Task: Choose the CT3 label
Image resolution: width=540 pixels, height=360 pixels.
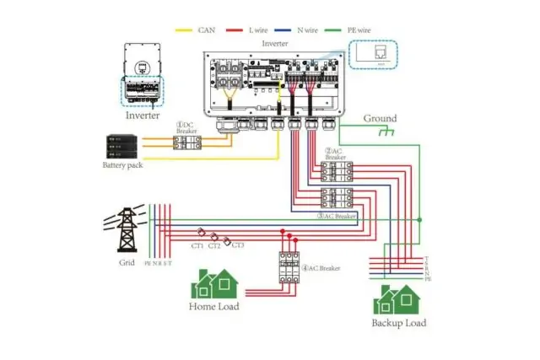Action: pyautogui.click(x=237, y=245)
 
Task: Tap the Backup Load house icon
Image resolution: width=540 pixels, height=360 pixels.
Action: pyautogui.click(x=398, y=299)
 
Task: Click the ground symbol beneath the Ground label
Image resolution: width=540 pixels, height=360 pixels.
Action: pyautogui.click(x=387, y=132)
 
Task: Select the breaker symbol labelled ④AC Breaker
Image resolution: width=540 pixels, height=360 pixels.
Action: pyautogui.click(x=289, y=267)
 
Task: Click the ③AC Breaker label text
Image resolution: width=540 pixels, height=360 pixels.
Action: pyautogui.click(x=337, y=216)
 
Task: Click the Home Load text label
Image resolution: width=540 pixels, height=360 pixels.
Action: pyautogui.click(x=213, y=306)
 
